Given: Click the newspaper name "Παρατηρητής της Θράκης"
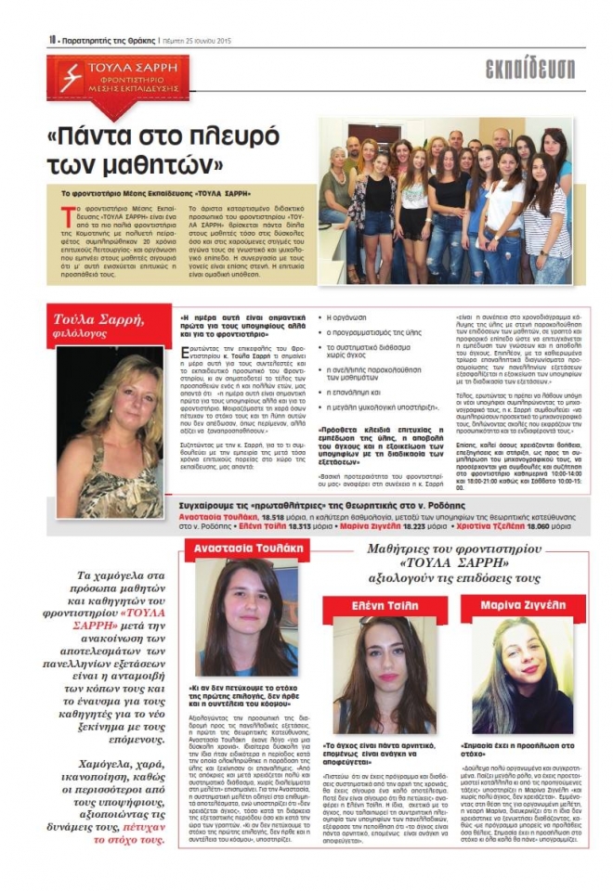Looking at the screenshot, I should (x=108, y=40).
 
